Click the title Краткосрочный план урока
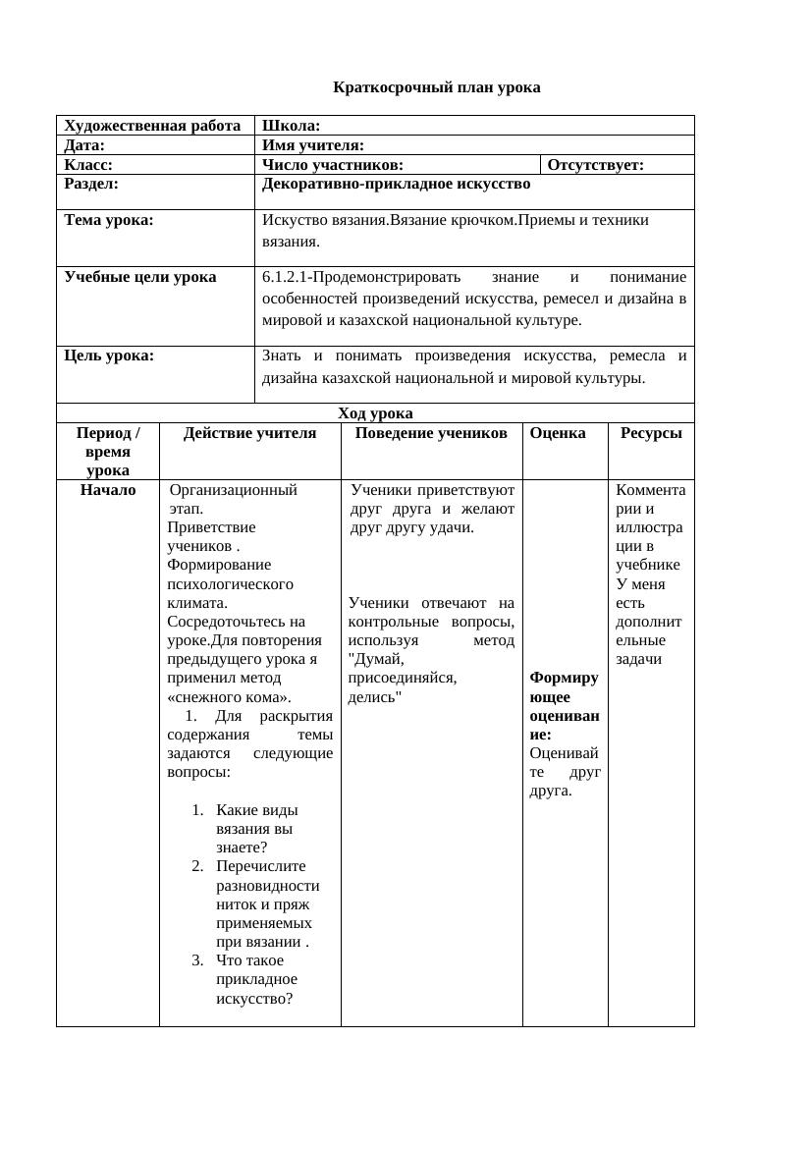(436, 87)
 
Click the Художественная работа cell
(152, 126)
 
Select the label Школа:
(292, 126)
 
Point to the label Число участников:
(333, 165)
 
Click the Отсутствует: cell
(595, 165)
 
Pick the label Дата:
(84, 145)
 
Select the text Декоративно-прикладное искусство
(396, 184)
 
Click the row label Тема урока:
(109, 220)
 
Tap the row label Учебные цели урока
(140, 277)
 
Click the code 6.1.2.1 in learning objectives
(285, 277)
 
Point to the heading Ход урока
(375, 412)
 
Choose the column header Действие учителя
(249, 433)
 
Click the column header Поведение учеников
(431, 433)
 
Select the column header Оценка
(557, 433)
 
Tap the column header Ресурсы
(650, 433)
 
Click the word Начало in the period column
(108, 489)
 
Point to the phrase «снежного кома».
(229, 697)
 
